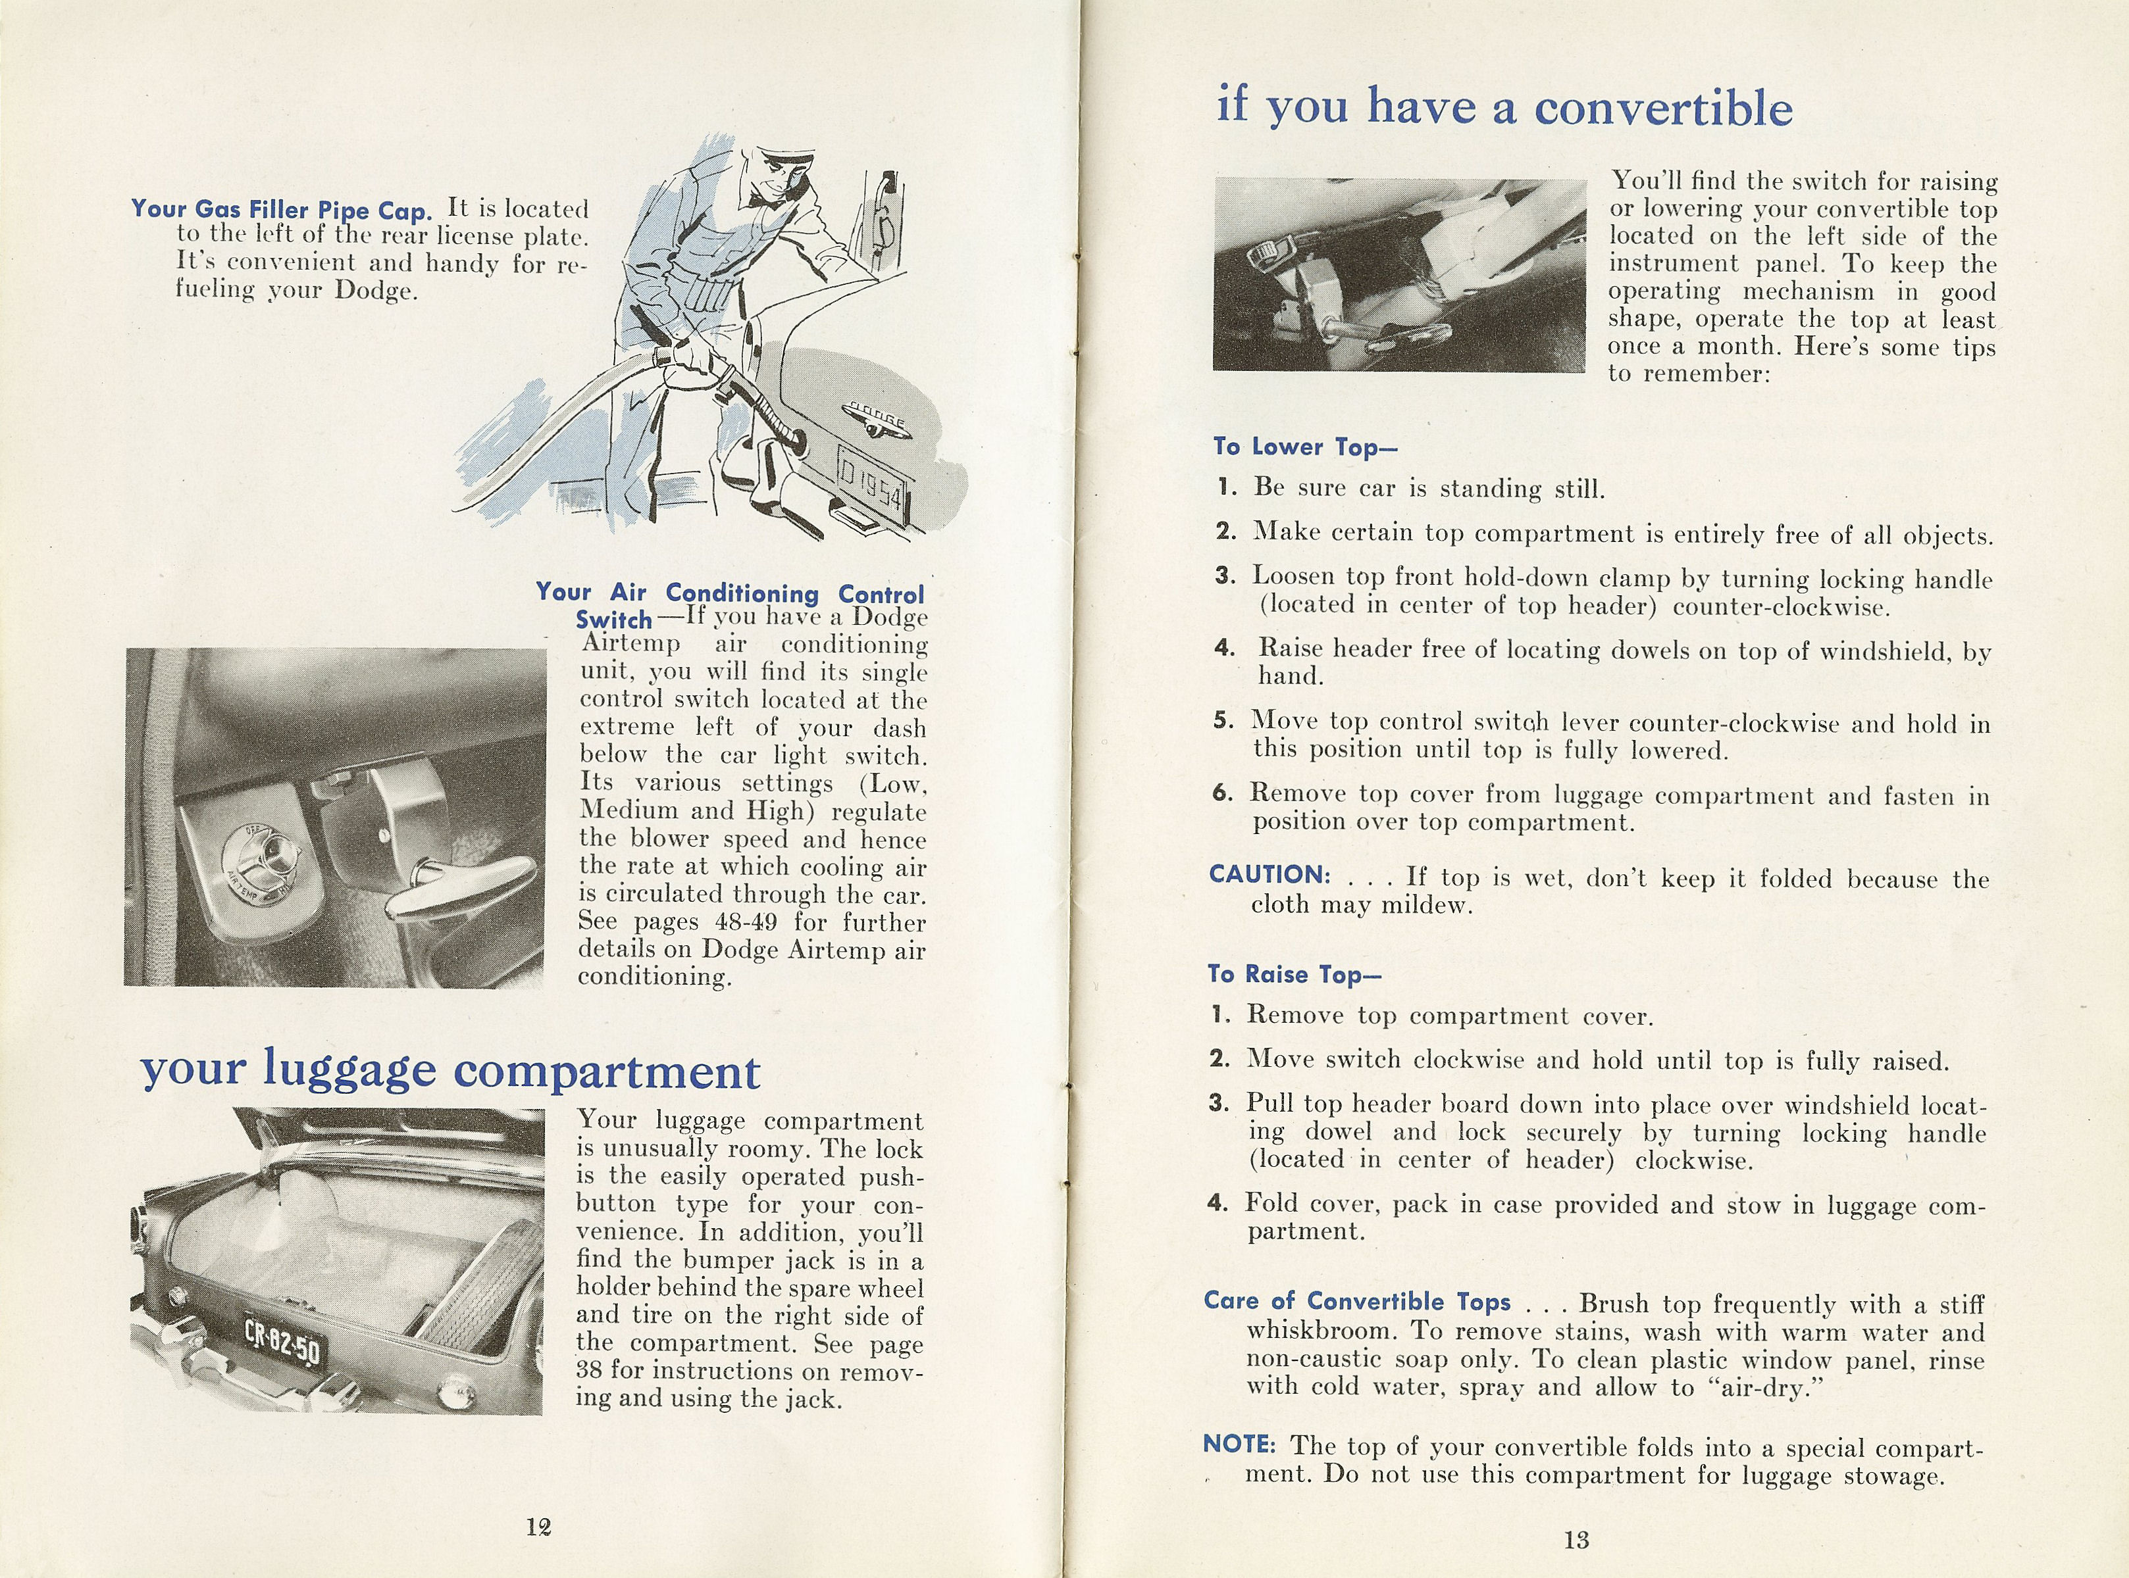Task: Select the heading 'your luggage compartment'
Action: pos(450,1071)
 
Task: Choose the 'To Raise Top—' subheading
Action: pos(1294,974)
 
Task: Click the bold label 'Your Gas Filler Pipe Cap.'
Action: pos(282,209)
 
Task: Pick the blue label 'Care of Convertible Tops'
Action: pos(1357,1301)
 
